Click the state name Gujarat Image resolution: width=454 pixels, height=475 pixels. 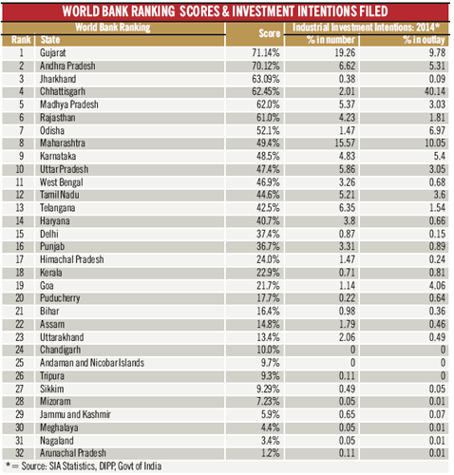(53, 53)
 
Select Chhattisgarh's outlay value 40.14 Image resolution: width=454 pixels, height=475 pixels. (435, 91)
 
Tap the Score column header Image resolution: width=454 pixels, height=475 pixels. (270, 33)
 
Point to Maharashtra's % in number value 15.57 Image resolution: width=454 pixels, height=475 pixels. (345, 143)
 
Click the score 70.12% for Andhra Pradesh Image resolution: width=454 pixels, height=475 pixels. (266, 66)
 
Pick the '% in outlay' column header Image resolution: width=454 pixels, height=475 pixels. (424, 40)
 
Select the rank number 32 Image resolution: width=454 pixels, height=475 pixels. (20, 453)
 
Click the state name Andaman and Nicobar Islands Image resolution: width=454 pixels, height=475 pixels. (92, 363)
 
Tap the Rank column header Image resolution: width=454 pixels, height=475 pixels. (21, 40)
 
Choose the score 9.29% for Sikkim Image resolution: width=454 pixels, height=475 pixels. (268, 389)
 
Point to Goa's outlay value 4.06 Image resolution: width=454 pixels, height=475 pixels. (437, 286)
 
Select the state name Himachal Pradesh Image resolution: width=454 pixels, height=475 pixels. (72, 259)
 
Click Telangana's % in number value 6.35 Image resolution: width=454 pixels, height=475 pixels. (347, 208)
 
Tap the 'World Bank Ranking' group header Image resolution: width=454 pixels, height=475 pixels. (113, 28)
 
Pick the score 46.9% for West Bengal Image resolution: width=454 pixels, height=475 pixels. (268, 182)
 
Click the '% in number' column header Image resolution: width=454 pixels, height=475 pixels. (331, 40)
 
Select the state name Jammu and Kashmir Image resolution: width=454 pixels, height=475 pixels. (75, 414)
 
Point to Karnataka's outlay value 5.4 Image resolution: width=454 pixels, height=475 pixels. (440, 156)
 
